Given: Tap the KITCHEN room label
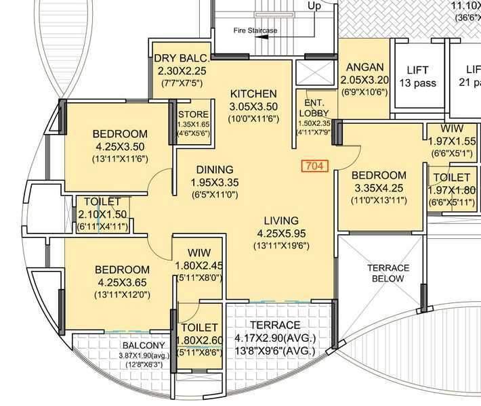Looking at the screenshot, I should (253, 93).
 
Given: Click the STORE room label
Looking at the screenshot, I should (193, 114).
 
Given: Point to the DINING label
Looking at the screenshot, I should (215, 169).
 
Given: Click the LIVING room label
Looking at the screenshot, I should (281, 220).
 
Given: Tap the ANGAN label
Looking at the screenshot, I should (365, 67).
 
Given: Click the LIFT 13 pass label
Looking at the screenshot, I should (418, 76).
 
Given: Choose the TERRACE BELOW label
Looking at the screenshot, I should (388, 273).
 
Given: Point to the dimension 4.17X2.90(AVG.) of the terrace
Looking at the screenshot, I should (274, 338).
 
